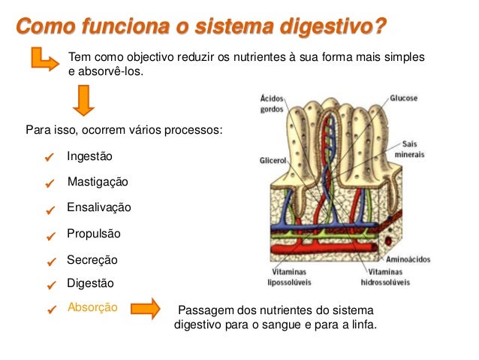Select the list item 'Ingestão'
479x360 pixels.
(89, 156)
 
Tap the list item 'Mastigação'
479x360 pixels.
(98, 182)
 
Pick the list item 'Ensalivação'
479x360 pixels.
(99, 207)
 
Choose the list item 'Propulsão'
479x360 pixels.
(94, 234)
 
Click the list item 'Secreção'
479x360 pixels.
(92, 259)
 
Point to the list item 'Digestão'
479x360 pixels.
(90, 283)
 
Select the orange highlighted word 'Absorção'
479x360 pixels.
(92, 307)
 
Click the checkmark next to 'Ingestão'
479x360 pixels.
(50, 158)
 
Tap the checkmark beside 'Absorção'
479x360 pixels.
(50, 308)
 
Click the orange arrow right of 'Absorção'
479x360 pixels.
(146, 307)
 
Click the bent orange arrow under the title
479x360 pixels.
(44, 59)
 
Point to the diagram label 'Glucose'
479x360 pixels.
(403, 98)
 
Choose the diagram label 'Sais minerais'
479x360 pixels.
(409, 149)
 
